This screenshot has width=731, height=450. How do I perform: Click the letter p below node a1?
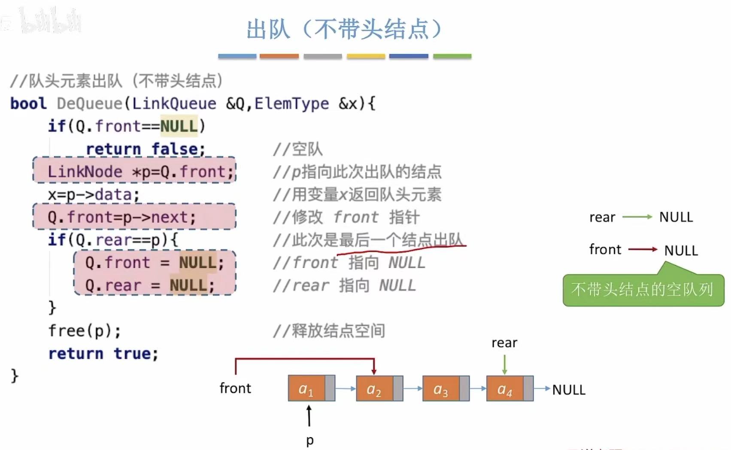tap(310, 440)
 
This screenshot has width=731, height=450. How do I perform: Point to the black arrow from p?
tap(309, 416)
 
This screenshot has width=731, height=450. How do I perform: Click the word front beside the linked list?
tap(235, 388)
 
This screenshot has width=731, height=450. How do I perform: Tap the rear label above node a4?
tap(504, 343)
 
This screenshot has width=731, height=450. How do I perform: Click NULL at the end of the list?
tap(569, 390)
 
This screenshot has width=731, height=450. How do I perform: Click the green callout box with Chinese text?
tap(643, 290)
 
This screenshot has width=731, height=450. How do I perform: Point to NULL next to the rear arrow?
tap(676, 217)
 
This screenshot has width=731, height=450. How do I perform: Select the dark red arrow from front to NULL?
tap(643, 249)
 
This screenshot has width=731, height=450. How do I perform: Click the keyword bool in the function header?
tap(28, 104)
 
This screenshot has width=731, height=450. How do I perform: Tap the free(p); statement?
tap(85, 331)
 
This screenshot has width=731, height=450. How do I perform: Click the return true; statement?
tap(103, 354)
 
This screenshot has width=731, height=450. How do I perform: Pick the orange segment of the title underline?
tap(279, 56)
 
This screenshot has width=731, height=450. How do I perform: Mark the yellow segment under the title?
tap(366, 56)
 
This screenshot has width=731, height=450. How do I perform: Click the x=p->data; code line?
tap(94, 195)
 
